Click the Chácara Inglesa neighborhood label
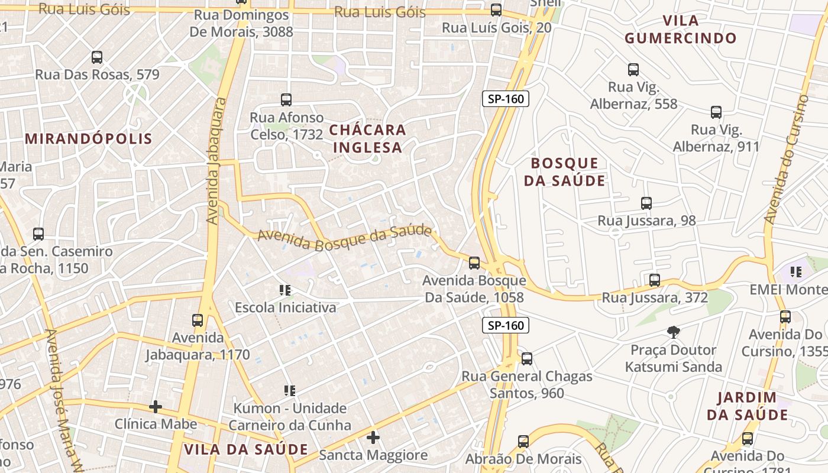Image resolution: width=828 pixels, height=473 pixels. (368, 138)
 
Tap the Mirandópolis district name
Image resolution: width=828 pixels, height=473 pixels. (89, 139)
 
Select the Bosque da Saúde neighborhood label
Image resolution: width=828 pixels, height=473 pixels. (565, 172)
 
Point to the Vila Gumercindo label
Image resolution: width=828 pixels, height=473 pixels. (681, 30)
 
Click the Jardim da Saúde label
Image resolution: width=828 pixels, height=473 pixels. (748, 406)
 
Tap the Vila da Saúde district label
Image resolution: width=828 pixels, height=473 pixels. (246, 449)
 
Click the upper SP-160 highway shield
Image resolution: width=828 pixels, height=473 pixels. (506, 99)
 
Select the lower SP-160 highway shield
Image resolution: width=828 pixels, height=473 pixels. (506, 325)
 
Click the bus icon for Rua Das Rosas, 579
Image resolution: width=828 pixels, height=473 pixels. (97, 57)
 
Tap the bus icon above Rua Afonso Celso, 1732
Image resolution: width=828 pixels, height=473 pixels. (286, 99)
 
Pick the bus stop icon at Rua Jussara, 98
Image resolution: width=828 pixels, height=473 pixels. (646, 203)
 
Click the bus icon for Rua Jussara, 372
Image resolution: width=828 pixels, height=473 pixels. (655, 280)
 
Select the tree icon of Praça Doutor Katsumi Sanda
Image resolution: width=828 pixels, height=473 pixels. (673, 332)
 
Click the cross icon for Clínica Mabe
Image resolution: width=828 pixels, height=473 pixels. (156, 407)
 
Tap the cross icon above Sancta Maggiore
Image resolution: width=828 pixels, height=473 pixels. (373, 438)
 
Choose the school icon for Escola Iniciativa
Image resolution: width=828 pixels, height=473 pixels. (285, 290)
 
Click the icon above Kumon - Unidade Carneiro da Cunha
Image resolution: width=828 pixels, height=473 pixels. (290, 390)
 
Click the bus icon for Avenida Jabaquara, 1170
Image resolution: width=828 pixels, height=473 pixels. (198, 320)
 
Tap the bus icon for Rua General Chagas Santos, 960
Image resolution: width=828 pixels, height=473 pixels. (527, 358)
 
